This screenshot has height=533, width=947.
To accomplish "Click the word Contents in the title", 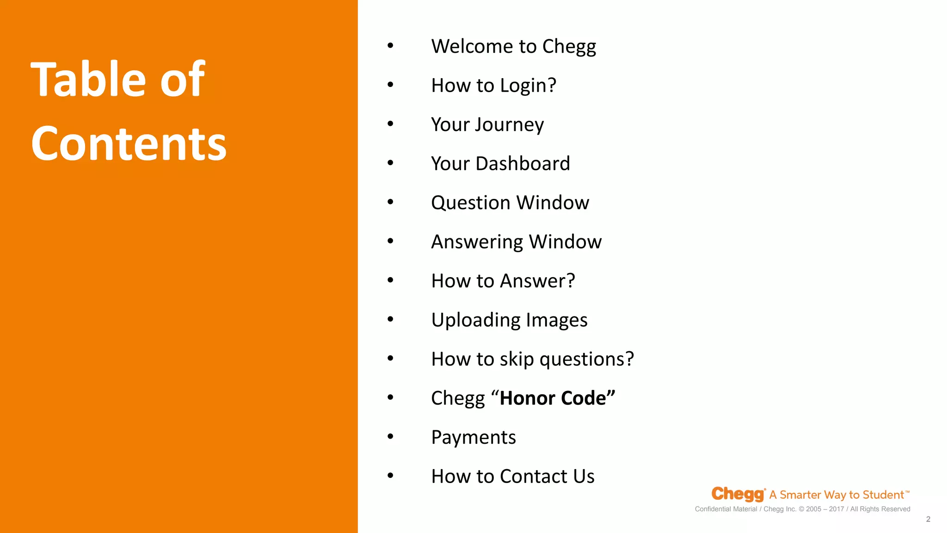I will [129, 144].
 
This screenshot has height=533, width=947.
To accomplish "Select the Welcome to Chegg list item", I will [513, 46].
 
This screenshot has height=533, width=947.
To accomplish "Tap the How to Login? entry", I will [493, 86].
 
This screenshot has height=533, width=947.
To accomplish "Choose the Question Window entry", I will [510, 203].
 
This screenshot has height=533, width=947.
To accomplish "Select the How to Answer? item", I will [503, 281].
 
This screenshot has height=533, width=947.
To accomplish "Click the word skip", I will [517, 359].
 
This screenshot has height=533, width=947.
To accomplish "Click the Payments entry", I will [473, 437].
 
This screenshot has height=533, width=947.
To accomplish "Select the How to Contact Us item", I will [513, 476].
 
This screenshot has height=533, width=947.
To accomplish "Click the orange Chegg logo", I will [738, 494].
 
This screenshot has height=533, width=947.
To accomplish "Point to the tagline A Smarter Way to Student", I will [839, 495].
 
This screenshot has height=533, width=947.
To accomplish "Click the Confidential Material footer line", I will [802, 509].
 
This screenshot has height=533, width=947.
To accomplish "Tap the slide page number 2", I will [928, 519].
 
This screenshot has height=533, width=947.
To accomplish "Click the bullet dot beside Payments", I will [390, 436].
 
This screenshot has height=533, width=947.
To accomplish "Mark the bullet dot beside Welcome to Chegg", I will [390, 45].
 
